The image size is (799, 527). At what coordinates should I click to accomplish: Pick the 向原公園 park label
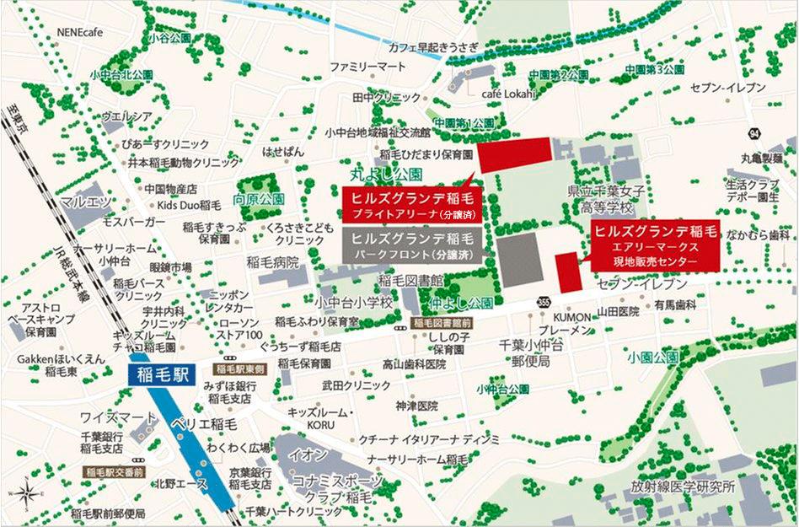coord(260,199)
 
